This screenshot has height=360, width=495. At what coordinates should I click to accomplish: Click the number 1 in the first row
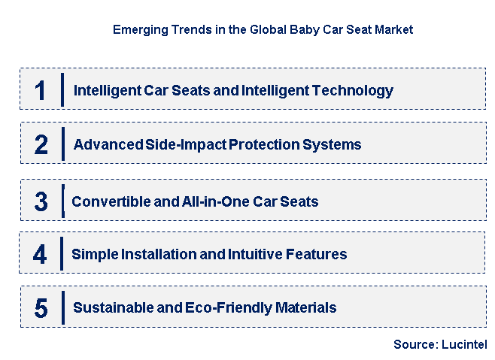pyautogui.click(x=41, y=90)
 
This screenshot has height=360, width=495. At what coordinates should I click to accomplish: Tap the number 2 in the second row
pyautogui.click(x=41, y=144)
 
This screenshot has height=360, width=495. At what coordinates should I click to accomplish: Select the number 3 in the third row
pyautogui.click(x=41, y=201)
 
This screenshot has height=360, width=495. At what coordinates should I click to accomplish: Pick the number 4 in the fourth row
pyautogui.click(x=40, y=254)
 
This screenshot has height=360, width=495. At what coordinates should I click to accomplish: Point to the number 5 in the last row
pyautogui.click(x=41, y=308)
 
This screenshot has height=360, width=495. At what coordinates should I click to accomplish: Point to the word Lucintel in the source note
pyautogui.click(x=464, y=345)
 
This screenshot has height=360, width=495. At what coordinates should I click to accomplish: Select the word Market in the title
pyautogui.click(x=393, y=30)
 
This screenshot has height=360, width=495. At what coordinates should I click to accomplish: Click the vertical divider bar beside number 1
pyautogui.click(x=62, y=90)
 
